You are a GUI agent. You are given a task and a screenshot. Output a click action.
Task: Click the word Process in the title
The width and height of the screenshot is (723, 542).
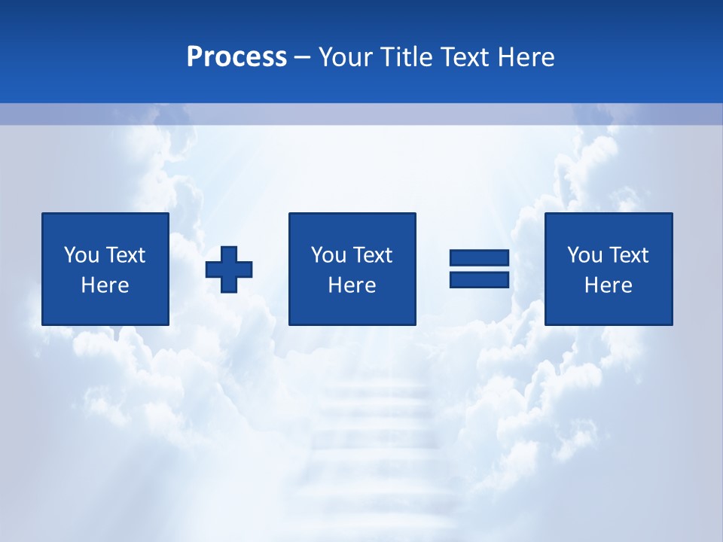pos(236,57)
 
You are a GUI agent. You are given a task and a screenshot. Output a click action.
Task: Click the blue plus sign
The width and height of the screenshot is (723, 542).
pos(229,269)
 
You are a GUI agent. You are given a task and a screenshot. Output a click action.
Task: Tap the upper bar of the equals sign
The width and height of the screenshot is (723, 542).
pos(479,258)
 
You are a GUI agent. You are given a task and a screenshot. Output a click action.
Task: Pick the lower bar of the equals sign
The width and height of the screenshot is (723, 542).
pos(479,279)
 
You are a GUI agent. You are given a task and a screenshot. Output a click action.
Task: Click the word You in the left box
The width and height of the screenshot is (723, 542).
pos(81,255)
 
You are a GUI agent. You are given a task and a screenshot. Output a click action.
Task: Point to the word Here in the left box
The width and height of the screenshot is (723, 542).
pos(105,285)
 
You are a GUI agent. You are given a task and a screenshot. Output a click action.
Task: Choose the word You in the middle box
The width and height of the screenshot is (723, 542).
pos(328,255)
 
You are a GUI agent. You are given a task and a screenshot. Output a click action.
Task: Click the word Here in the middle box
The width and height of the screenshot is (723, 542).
pos(352,285)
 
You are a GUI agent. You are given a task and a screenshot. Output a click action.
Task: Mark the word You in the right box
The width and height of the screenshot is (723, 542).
pos(584,255)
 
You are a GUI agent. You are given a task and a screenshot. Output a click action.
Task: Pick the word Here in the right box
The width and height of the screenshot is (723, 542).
pos(608,285)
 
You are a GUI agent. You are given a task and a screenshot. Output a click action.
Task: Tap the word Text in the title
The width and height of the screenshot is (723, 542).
pos(462,57)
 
